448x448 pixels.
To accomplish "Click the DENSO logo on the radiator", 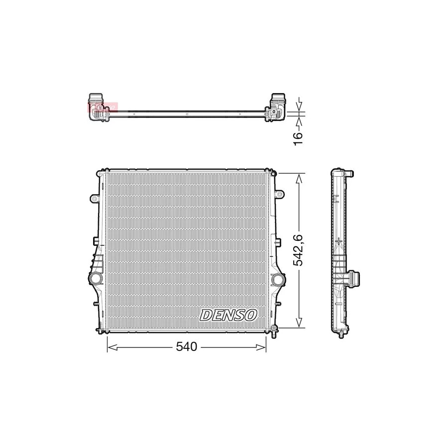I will pos(228,315).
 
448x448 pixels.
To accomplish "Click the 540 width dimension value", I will pos(187,347).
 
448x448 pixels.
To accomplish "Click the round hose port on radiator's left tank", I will pos(95,278).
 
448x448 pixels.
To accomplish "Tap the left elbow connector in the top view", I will pos(98,107).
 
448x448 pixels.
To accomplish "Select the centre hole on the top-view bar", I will pos(186,113).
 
